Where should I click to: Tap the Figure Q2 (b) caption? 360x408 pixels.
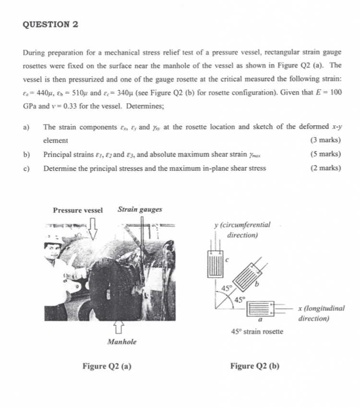coord(254,366)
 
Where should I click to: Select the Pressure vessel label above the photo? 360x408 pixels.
coord(78,210)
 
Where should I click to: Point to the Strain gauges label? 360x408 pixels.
coord(140,209)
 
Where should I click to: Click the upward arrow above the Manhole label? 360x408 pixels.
coord(118,328)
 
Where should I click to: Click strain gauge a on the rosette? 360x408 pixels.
coord(259,307)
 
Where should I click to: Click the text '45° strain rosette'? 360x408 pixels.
coord(257,331)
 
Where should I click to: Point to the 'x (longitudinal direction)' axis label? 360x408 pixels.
coord(321,313)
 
